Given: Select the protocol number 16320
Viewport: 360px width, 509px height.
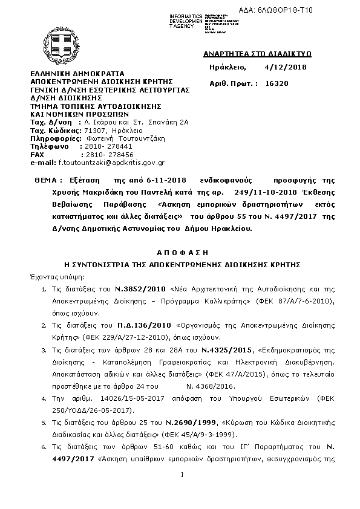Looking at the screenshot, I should tap(277, 85).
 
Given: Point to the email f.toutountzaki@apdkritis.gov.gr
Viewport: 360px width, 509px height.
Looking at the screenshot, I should tap(111, 163).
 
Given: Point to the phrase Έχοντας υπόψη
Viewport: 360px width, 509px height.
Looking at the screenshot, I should tap(52, 274).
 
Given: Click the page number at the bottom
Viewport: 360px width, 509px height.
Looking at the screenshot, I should tap(182, 490).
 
